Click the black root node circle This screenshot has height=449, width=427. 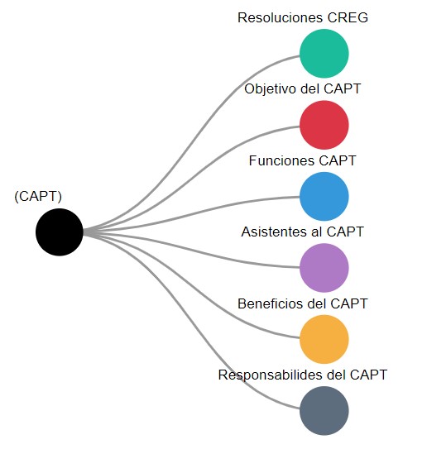tap(60, 232)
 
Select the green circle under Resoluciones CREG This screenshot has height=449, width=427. tap(324, 53)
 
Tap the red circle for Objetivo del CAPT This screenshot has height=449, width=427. tap(324, 125)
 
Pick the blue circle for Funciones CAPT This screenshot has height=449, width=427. tap(324, 197)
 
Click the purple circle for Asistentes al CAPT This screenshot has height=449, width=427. tap(324, 268)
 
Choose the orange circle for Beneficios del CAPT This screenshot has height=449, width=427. tap(324, 339)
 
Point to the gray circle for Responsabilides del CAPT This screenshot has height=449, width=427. tap(324, 411)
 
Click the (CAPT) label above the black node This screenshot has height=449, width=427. tap(38, 197)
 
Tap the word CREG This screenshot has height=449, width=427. tap(348, 17)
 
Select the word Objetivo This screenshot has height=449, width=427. tap(271, 89)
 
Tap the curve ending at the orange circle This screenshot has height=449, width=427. tap(191, 286)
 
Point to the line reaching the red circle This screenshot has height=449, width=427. tap(191, 178)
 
